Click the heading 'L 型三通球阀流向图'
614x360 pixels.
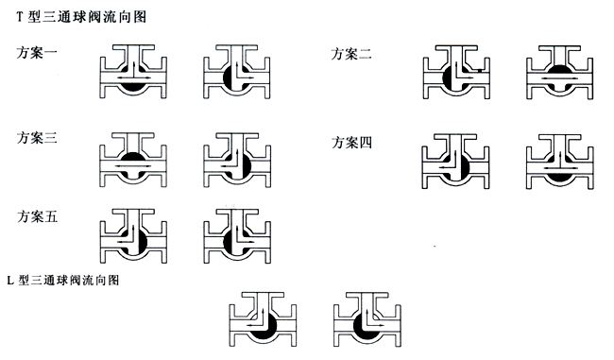(61, 281)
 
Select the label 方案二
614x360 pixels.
(350, 55)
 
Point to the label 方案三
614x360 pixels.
(37, 138)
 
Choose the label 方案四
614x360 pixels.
(350, 143)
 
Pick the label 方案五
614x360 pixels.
(37, 216)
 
